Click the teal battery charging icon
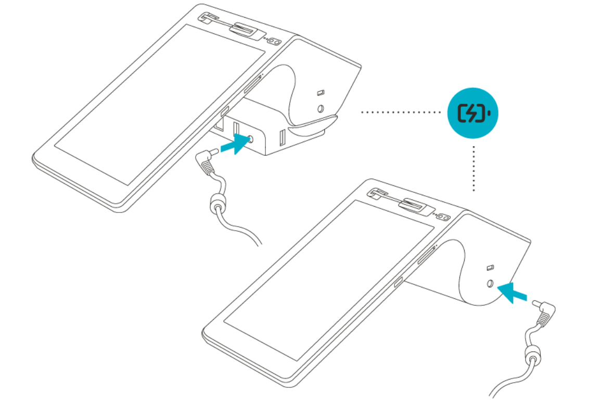472,112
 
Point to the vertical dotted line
474,169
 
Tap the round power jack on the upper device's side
321,109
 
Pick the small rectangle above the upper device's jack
321,93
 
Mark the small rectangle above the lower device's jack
490,268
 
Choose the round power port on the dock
252,139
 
